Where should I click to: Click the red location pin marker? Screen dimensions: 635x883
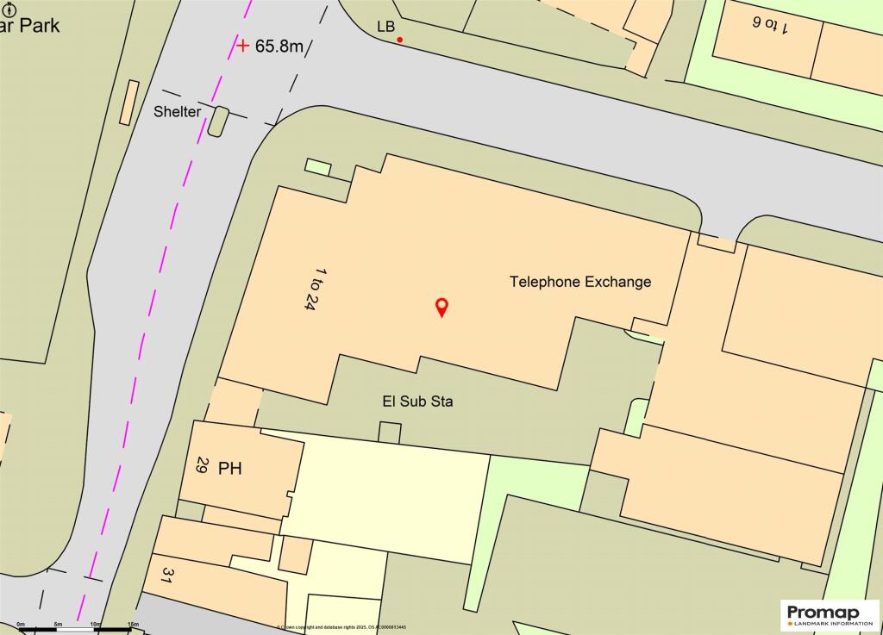[x=441, y=306]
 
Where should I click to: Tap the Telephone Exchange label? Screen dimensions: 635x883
[x=580, y=282]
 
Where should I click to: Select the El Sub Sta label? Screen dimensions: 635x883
[x=417, y=401]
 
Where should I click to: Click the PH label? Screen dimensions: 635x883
[x=230, y=469]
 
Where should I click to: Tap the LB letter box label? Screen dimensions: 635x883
[x=385, y=27]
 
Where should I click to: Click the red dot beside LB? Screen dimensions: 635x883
[x=399, y=39]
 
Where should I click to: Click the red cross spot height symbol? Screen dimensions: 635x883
[x=244, y=45]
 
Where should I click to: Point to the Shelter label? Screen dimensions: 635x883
[x=178, y=112]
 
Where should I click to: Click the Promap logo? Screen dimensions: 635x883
[x=828, y=615]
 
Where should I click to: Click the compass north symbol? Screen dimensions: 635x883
[x=10, y=9]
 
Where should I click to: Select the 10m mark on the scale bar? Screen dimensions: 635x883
[x=96, y=624]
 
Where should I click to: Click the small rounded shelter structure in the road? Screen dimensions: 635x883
[x=218, y=121]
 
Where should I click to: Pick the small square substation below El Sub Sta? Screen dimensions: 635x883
[x=390, y=433]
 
